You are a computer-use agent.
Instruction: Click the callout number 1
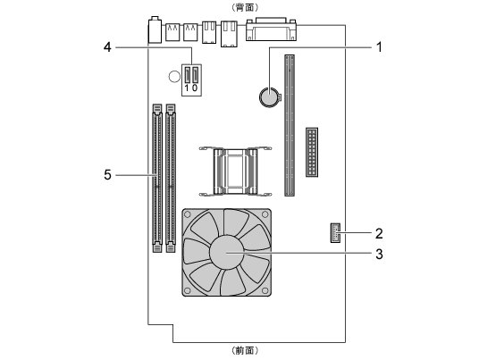(379, 47)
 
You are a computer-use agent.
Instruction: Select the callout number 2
(379, 233)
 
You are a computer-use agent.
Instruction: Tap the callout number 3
(379, 254)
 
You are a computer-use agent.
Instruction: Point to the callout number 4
(107, 47)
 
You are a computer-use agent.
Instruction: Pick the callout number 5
(107, 175)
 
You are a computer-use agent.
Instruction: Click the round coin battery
(270, 97)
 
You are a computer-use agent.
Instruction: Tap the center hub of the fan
(227, 253)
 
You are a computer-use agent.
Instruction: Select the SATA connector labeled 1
(188, 75)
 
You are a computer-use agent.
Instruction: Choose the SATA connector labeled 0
(195, 75)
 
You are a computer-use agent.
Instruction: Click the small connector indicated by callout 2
(335, 232)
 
